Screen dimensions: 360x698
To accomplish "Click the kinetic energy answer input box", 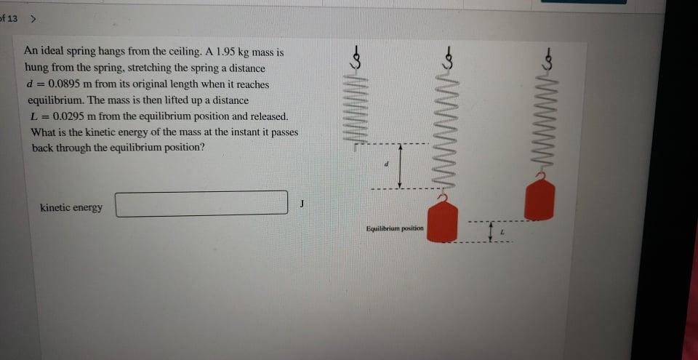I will pyautogui.click(x=201, y=204).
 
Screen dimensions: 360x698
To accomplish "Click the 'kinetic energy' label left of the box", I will pyautogui.click(x=71, y=208).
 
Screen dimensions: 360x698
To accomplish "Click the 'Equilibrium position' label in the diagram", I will pyautogui.click(x=395, y=228).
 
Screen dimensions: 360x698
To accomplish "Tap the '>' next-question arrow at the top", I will pyautogui.click(x=33, y=17).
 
